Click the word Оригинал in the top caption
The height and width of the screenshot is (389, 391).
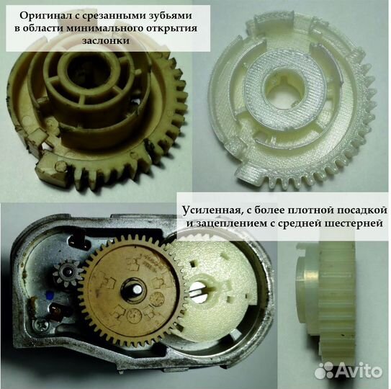coord(45,14)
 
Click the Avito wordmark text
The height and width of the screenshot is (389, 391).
coord(357,370)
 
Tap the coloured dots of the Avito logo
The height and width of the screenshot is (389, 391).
coord(325,370)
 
